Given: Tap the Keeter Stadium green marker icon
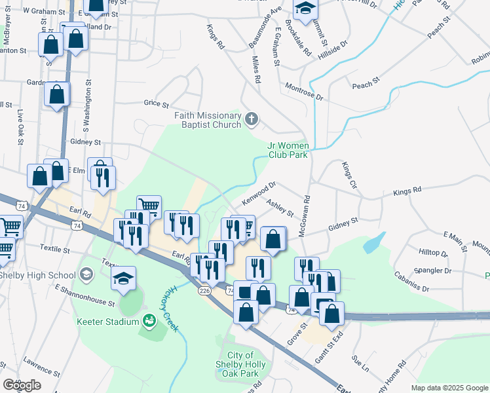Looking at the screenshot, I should tap(149, 321).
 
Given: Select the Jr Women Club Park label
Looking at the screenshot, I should tap(288, 150).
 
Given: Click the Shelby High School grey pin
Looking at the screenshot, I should tap(86, 274).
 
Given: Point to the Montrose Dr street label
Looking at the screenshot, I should tap(305, 91).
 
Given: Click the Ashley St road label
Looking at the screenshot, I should tap(280, 209).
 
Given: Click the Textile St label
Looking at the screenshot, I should tap(55, 250).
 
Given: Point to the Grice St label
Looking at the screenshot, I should tap(157, 103).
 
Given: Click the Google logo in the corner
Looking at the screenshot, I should tap(22, 385).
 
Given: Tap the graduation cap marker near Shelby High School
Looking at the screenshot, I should tap(123, 278).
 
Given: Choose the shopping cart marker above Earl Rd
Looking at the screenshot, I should tap(149, 207).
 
